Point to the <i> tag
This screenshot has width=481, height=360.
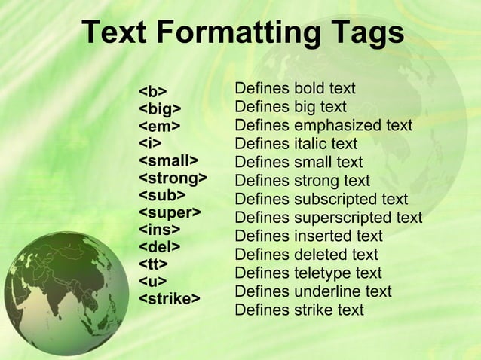tap(150, 143)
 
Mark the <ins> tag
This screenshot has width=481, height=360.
tap(159, 229)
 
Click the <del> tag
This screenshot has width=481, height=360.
tap(159, 246)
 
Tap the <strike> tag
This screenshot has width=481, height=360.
tap(170, 298)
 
